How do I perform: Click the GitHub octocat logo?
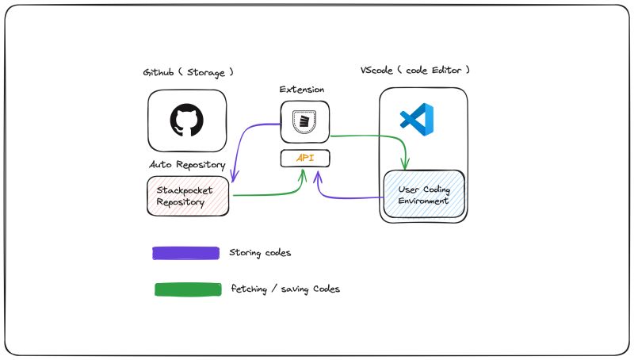pos(187,121)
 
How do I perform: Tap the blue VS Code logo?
pos(419,118)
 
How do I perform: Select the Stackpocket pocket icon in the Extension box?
pos(304,121)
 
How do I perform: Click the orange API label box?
pos(305,158)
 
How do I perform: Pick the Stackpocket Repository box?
pos(189,196)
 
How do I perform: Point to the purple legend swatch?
pos(185,253)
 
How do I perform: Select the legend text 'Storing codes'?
pos(260,253)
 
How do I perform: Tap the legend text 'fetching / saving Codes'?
pos(285,289)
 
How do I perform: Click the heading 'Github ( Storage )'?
pos(188,72)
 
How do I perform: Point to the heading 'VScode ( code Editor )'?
pos(415,71)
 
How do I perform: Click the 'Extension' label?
pos(302,90)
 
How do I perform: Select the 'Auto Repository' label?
pos(188,164)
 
